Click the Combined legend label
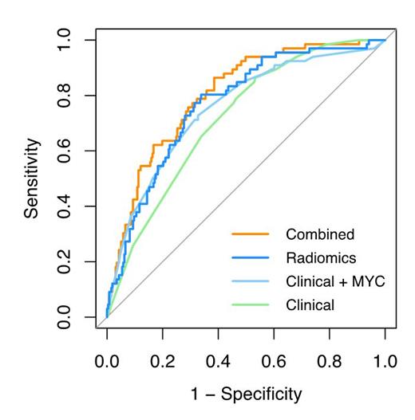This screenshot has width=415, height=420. (319, 234)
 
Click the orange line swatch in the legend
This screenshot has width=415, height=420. (248, 234)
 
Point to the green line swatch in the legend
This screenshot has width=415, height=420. (248, 304)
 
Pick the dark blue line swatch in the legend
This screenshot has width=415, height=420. (248, 257)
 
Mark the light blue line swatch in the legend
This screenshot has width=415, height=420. (248, 281)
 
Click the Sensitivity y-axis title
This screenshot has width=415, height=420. (31, 179)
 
